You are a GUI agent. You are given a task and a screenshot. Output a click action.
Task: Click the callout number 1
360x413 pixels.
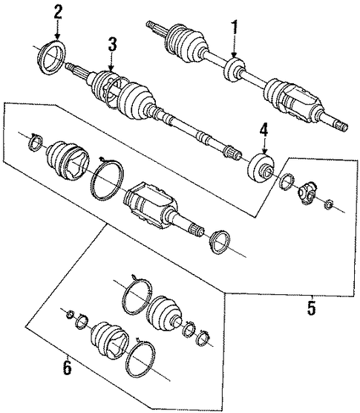pos(235,30)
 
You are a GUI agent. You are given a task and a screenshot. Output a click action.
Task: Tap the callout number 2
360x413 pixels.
pos(58,13)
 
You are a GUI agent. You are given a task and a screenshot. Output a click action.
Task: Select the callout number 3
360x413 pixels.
pos(112,44)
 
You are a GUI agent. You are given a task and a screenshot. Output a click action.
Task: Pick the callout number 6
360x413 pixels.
pos(67,368)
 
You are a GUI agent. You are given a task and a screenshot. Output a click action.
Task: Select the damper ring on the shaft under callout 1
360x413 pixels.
pos(234,70)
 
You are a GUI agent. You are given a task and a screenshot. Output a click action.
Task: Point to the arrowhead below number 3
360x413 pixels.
pos(111,68)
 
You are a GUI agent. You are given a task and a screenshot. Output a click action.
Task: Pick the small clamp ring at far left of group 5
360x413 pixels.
pos(36,142)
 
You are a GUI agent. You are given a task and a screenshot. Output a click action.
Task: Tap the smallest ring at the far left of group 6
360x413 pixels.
pos(70,314)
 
